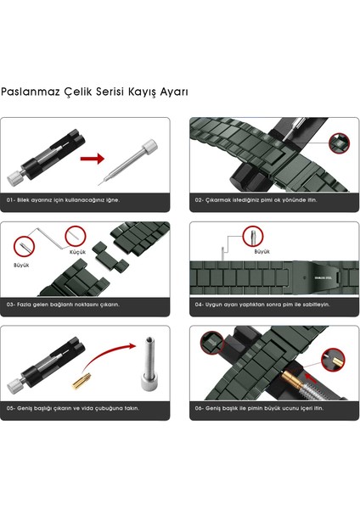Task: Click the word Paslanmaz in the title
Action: [26, 91]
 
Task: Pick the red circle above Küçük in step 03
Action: [75, 233]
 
